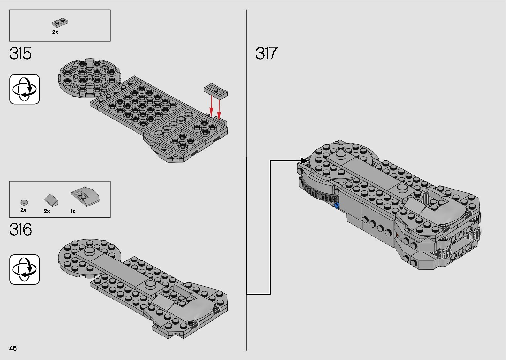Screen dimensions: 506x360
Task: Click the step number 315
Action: (20, 54)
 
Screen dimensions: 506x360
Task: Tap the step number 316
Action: (20, 230)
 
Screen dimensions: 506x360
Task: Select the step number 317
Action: (266, 54)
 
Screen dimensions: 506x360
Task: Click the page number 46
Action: (13, 348)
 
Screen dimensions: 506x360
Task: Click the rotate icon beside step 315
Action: (24, 89)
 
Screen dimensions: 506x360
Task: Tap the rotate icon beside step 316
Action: (24, 269)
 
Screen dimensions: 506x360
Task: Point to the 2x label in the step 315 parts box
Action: (55, 32)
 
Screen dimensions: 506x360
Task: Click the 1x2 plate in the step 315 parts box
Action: (60, 23)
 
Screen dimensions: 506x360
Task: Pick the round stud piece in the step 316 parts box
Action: (24, 202)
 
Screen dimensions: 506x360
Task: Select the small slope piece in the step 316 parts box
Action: (51, 199)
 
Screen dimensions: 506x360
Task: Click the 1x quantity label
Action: (73, 211)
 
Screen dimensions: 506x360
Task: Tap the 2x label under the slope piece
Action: (47, 211)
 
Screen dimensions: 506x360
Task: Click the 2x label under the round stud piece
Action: (23, 210)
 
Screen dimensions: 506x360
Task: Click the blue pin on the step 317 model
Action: (337, 206)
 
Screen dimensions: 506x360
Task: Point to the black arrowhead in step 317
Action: (304, 161)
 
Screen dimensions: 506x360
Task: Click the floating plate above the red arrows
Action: (216, 90)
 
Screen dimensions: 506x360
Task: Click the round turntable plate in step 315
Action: (88, 78)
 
